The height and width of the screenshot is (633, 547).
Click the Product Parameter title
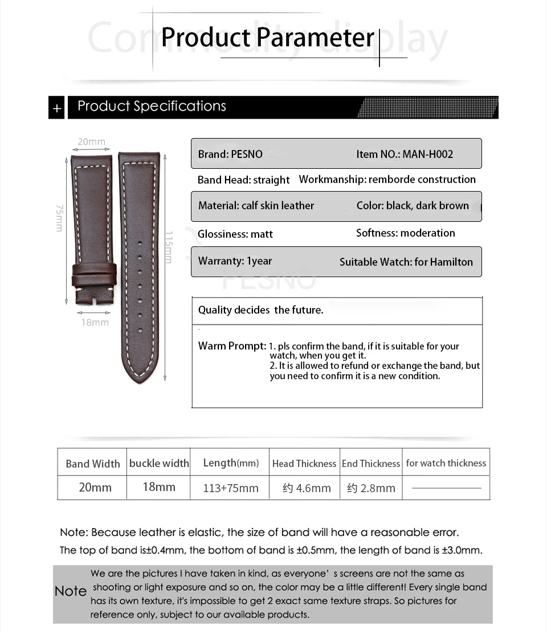(267, 38)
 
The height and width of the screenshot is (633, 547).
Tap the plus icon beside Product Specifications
(56, 108)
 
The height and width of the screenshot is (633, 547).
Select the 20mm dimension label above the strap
(91, 141)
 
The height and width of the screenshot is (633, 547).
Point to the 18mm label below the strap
(95, 322)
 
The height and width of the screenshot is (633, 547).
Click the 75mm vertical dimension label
(59, 218)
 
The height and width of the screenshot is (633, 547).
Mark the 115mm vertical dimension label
(168, 246)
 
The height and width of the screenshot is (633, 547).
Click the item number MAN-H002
(405, 154)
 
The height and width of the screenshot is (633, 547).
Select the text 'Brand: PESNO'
(230, 154)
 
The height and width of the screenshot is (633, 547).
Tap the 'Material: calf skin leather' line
(256, 205)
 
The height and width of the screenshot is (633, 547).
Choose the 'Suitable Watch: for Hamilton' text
(406, 262)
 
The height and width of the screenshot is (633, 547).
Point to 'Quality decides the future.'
(260, 310)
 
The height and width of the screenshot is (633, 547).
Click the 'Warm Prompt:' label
(232, 346)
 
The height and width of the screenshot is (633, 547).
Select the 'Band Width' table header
(93, 464)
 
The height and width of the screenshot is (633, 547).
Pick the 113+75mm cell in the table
(231, 488)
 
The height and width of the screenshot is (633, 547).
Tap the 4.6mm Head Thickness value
(307, 488)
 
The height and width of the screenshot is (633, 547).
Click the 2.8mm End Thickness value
(371, 488)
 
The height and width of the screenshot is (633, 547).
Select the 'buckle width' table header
(159, 463)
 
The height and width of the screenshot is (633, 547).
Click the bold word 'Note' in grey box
(71, 591)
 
